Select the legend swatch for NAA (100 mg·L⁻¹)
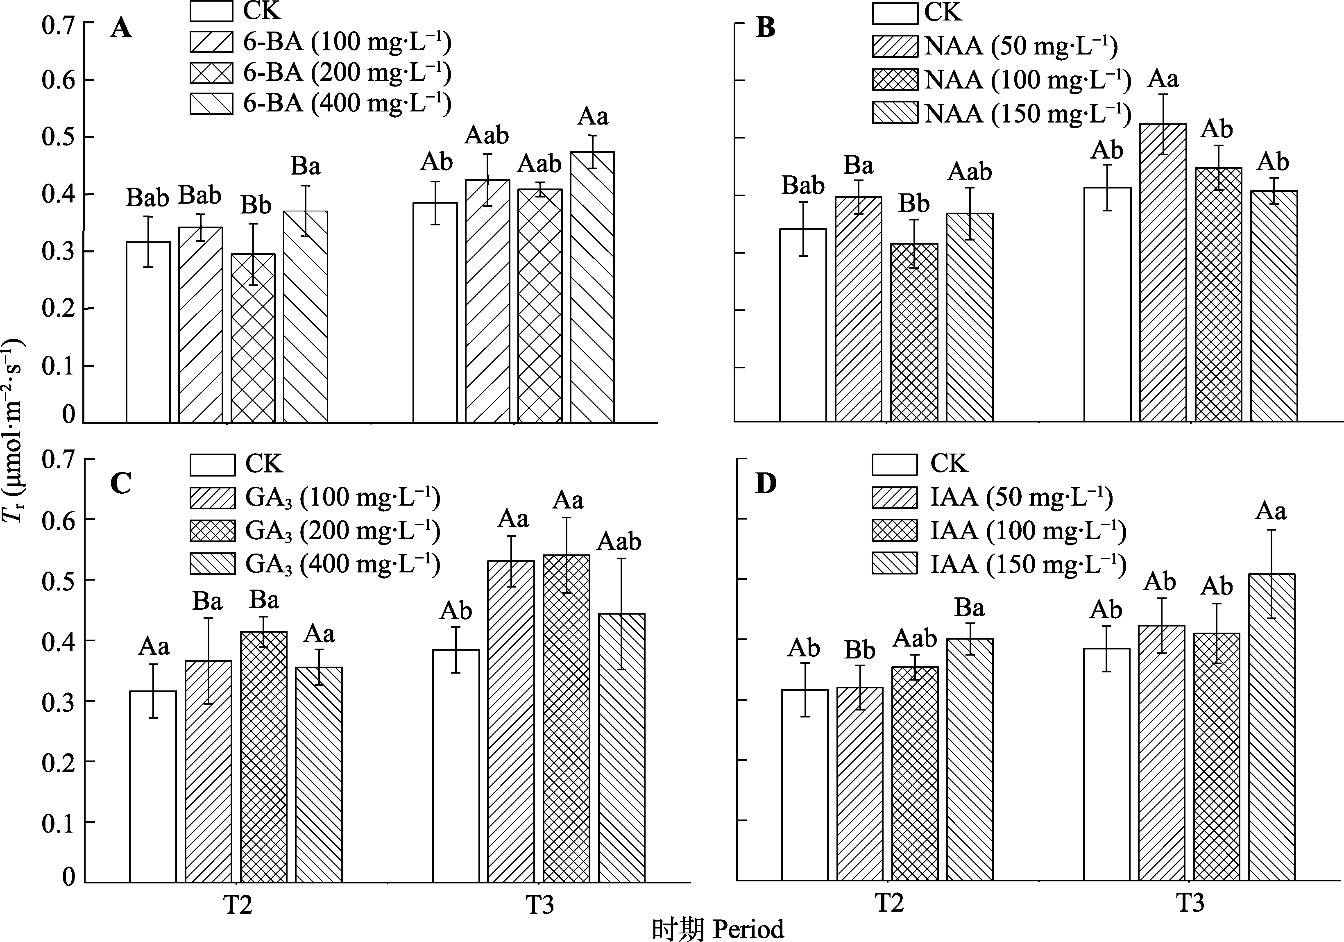(x=895, y=79)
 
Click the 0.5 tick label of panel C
(x=59, y=580)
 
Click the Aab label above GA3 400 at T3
(x=619, y=542)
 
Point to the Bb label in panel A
(x=256, y=206)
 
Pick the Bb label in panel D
(x=860, y=650)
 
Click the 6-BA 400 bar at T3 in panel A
(x=592, y=287)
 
